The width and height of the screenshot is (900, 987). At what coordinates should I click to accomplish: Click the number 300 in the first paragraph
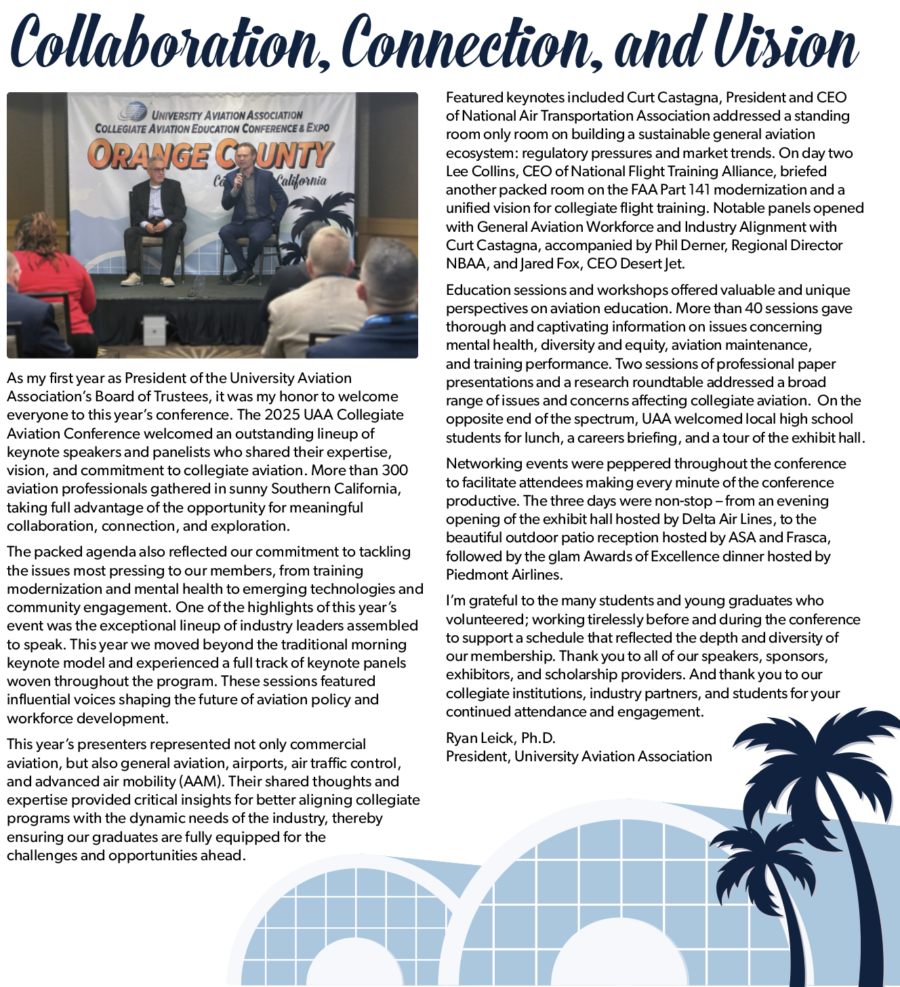pyautogui.click(x=394, y=470)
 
